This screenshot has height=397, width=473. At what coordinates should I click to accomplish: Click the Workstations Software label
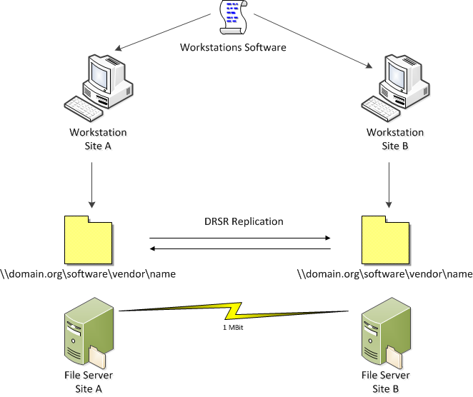tap(234, 48)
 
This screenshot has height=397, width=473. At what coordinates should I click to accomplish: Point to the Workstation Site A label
tap(98, 139)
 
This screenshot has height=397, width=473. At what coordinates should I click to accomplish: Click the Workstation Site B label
tap(395, 139)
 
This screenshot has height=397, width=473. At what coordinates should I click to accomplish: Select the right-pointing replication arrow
tap(240, 238)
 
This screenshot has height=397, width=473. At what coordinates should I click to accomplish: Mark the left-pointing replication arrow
tap(240, 249)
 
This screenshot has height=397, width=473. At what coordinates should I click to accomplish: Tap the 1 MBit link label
tap(233, 329)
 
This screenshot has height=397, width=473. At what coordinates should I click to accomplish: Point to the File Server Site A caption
tap(87, 381)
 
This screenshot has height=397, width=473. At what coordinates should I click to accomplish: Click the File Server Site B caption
tap(385, 381)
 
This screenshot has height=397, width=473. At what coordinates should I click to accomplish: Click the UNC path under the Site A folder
tap(88, 274)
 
